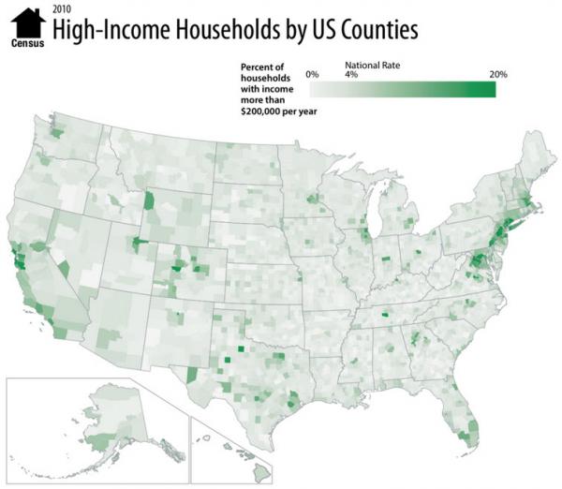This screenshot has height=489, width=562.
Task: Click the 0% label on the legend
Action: pos(313,73)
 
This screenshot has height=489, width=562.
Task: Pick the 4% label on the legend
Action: pos(352,73)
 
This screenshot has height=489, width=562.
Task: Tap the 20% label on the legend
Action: pos(497,73)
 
